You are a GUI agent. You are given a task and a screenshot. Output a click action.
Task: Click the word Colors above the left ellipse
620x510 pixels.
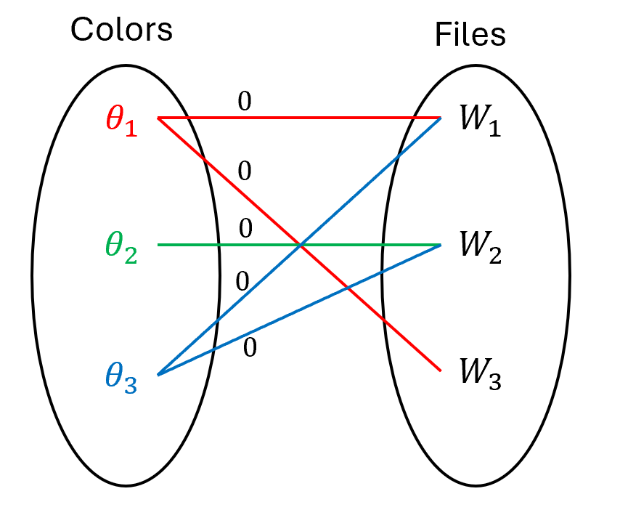pos(121,30)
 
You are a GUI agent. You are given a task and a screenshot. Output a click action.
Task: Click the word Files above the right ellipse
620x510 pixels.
pos(470,34)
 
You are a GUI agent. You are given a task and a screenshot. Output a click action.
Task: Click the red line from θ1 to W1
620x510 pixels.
pos(327,117)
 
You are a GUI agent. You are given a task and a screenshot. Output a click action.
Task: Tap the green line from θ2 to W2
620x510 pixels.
pos(218,245)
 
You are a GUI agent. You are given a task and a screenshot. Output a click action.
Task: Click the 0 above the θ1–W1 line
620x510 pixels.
pos(245,102)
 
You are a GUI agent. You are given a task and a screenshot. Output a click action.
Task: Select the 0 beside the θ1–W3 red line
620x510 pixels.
pos(245,171)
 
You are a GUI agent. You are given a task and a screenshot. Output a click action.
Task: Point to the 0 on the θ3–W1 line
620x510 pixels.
pos(242,280)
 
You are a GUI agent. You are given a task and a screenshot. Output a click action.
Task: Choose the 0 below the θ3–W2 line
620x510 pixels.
pos(250,348)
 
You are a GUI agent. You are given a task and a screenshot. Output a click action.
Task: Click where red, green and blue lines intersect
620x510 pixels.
pos(300,245)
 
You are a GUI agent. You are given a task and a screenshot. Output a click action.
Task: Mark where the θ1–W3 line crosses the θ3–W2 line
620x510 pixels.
pos(348,288)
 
